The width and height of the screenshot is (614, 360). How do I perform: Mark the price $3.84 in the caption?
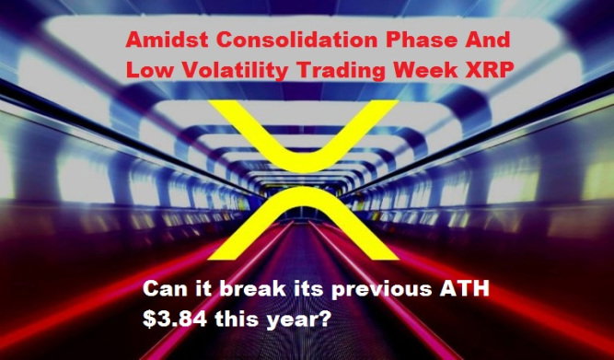(175, 320)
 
